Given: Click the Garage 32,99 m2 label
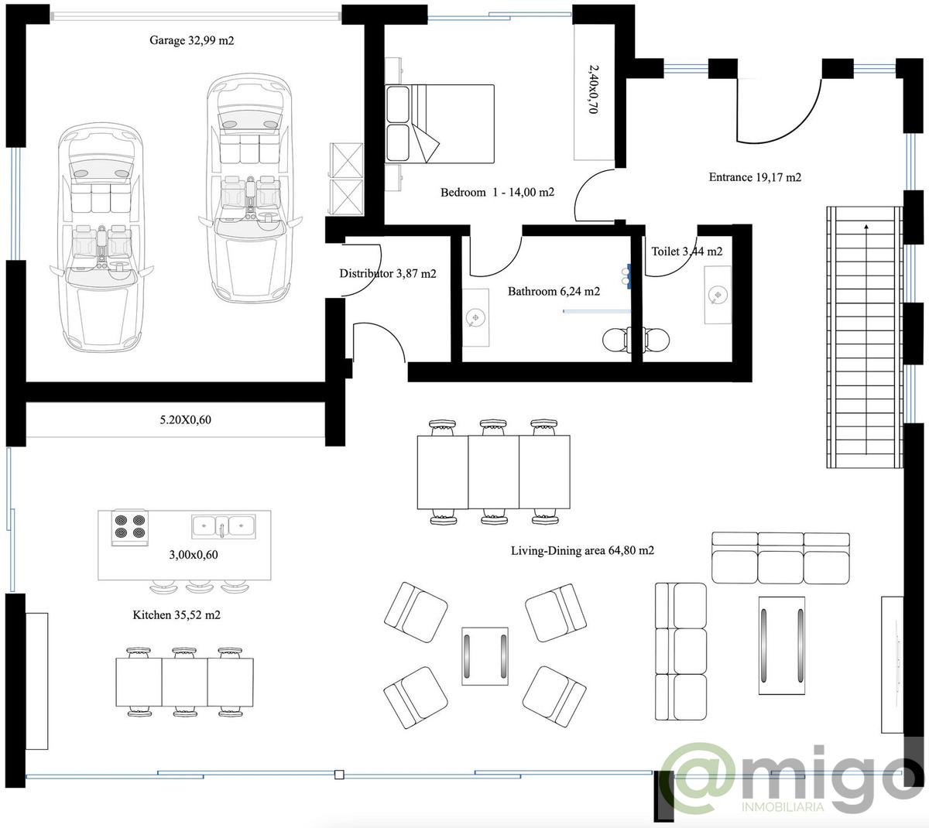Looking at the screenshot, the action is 192,40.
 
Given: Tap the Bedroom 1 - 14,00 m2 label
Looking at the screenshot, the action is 497,192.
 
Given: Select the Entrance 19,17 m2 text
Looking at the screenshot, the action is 755,177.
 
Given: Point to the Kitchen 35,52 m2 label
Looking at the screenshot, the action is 177,615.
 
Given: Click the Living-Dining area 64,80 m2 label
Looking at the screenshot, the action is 582,550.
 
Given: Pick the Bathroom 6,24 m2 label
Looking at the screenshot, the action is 554,291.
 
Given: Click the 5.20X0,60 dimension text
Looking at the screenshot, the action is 185,419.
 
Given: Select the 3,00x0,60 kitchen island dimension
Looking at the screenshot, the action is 194,555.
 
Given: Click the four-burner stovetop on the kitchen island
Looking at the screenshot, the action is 130,527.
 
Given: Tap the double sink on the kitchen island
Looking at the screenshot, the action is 223,526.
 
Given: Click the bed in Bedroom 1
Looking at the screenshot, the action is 440,124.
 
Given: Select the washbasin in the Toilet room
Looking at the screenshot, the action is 718,294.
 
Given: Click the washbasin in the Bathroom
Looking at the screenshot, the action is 475,317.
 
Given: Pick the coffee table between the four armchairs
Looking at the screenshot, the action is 485,656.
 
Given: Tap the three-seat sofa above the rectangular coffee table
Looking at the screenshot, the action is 780,558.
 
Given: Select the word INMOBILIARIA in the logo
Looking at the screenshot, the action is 783,806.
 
